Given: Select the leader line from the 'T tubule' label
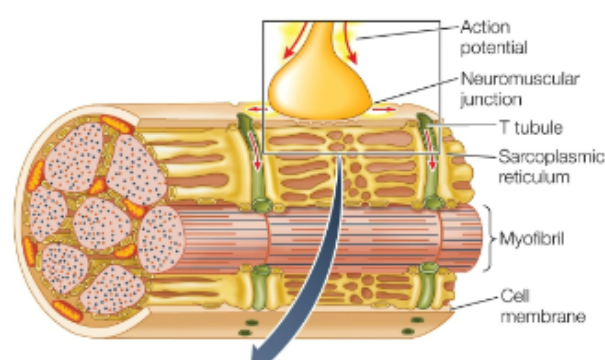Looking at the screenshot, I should [x=470, y=128].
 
